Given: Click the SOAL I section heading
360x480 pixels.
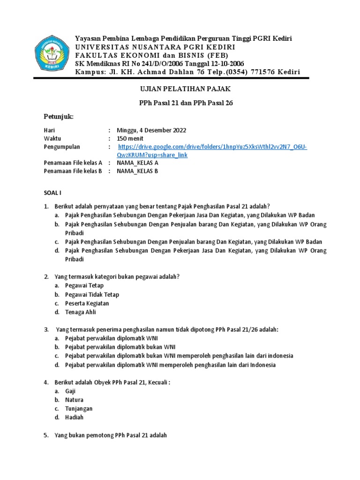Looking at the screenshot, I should (x=52, y=193).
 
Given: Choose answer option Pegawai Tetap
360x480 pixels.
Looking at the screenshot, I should (x=85, y=285).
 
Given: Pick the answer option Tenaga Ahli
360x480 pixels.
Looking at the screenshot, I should (x=81, y=312).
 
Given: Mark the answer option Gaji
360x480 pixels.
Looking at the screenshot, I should (x=70, y=391).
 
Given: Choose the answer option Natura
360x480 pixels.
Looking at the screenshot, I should (x=75, y=400).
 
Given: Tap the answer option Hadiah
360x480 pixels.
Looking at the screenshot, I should (x=75, y=418).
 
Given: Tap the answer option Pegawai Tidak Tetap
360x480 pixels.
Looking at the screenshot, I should (x=92, y=294).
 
